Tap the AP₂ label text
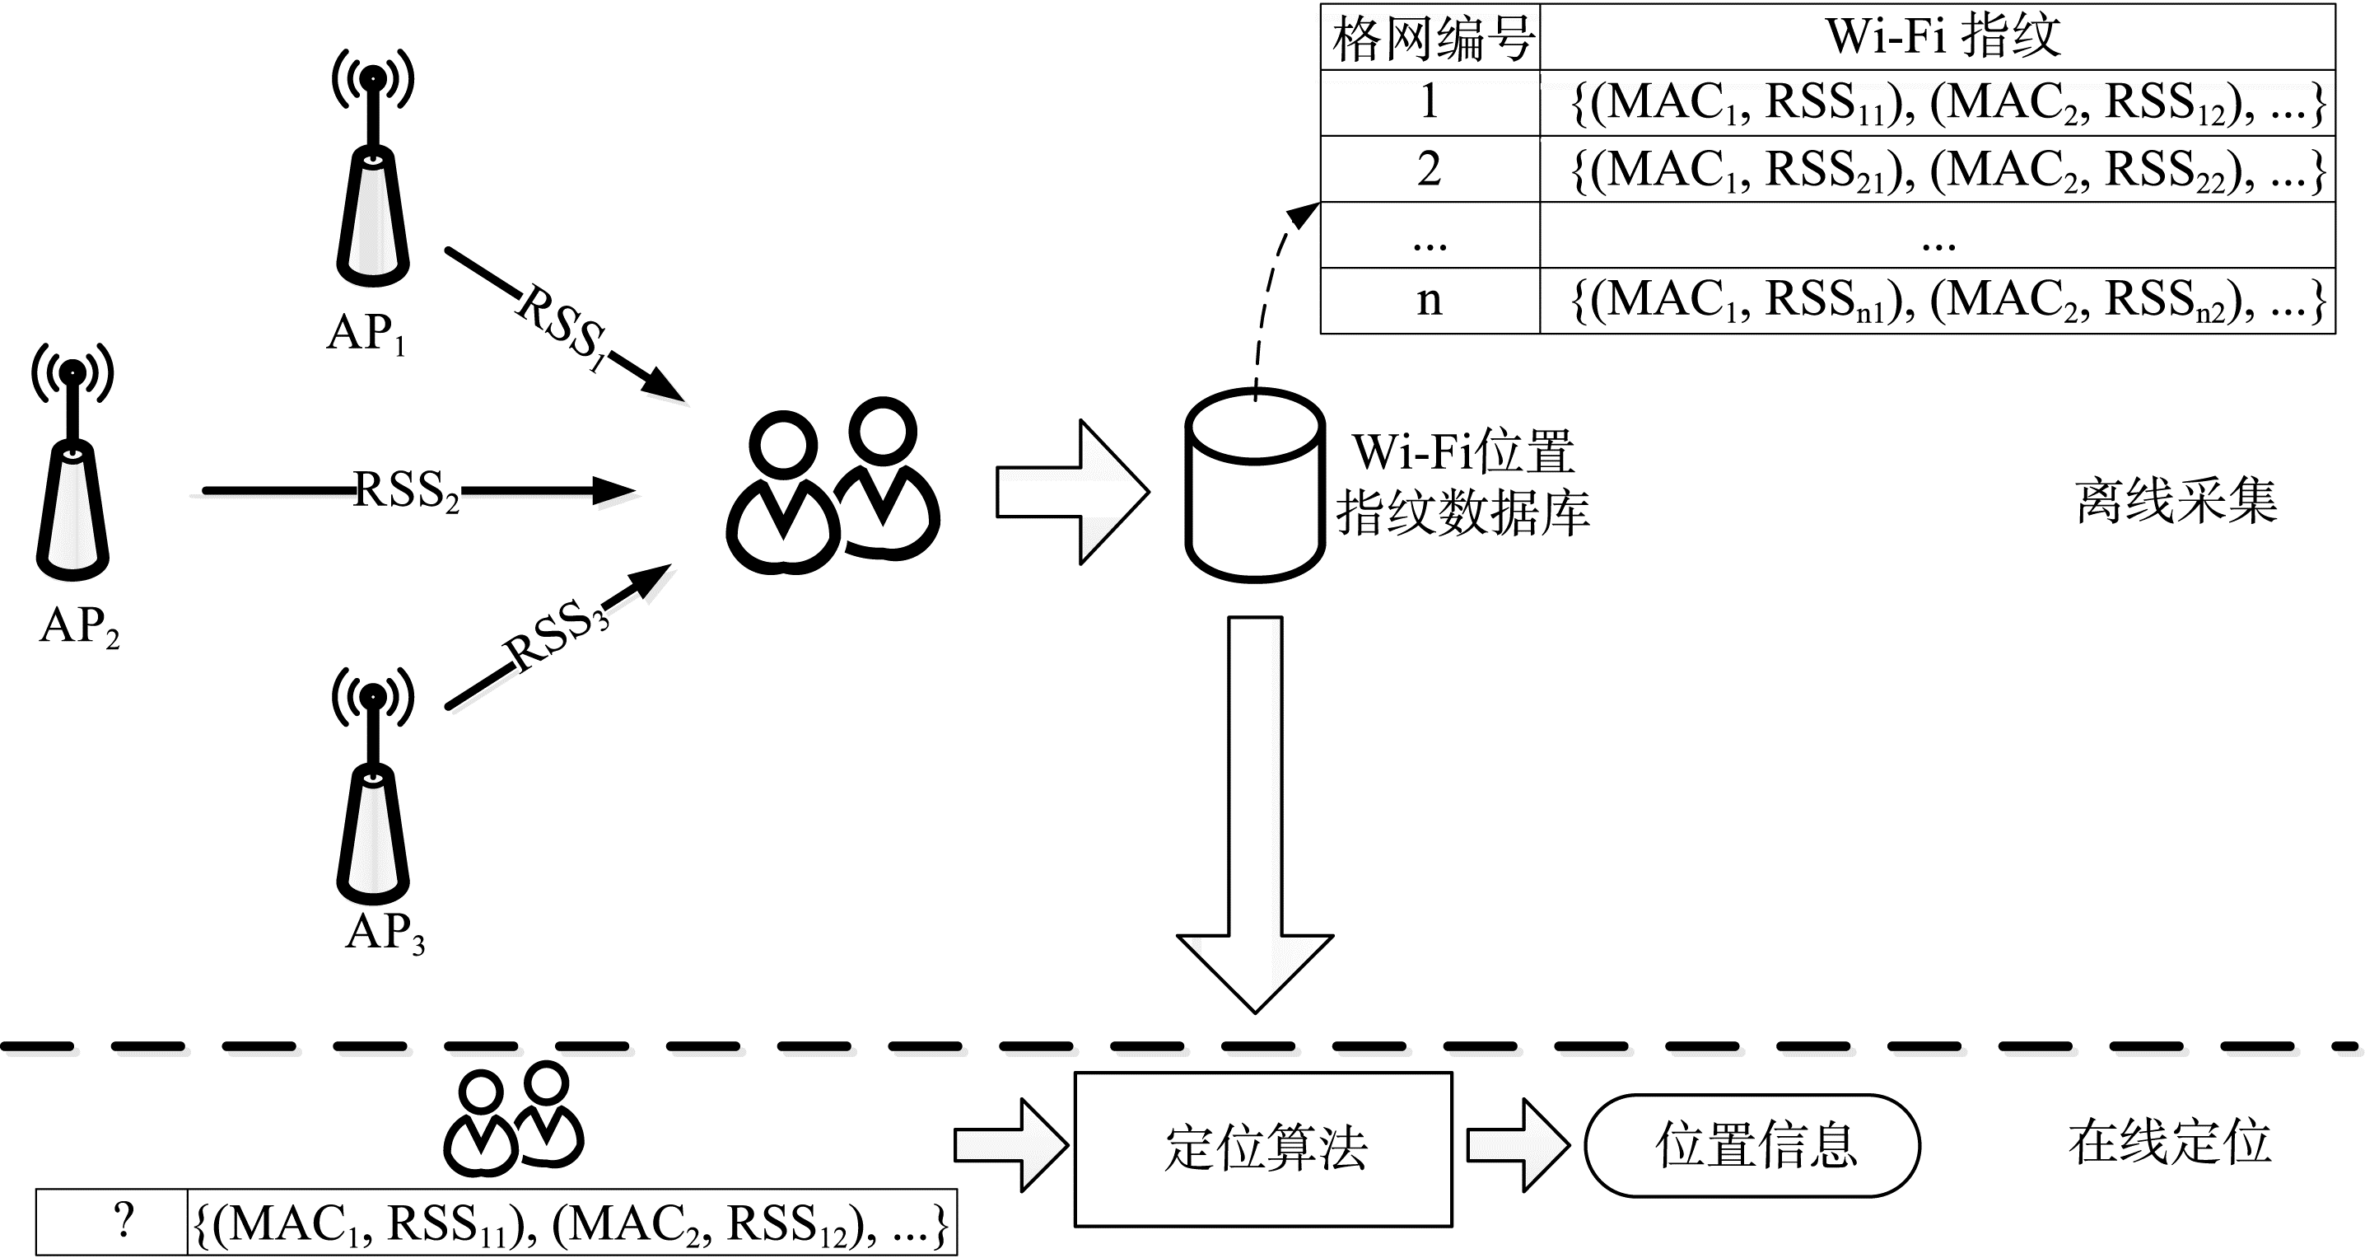tap(79, 627)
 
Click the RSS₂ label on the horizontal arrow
tap(406, 491)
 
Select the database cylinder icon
tap(1254, 487)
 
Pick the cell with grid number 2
tap(1430, 170)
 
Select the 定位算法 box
tap(1263, 1148)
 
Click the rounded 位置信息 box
tap(1752, 1145)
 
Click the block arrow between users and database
tap(1072, 492)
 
